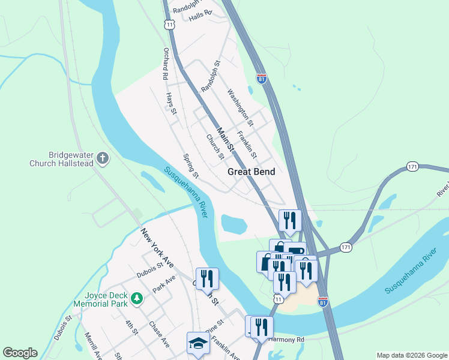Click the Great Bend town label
(x=251, y=172)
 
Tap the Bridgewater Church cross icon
(x=103, y=158)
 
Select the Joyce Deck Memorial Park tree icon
(x=137, y=298)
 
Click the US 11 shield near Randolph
(x=170, y=25)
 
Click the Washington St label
(x=240, y=107)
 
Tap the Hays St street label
(x=172, y=103)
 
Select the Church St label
(x=215, y=147)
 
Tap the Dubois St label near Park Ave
(x=149, y=271)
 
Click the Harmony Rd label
(x=287, y=340)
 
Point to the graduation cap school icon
(x=199, y=343)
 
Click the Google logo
(x=20, y=353)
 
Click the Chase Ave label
(x=159, y=334)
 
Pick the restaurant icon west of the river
(x=207, y=278)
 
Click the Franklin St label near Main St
(x=247, y=144)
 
